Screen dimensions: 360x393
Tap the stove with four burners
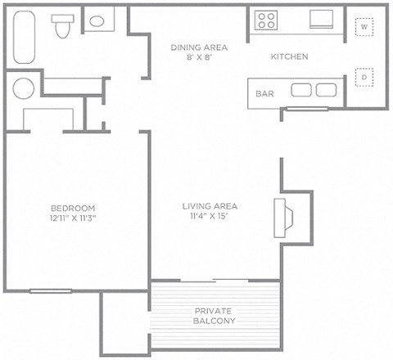[x=266, y=20]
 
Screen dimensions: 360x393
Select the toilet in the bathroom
[x=61, y=26]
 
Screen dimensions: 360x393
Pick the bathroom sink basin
[x=98, y=22]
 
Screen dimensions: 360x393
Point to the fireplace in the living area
[x=287, y=214]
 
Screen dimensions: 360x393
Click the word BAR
[x=264, y=93]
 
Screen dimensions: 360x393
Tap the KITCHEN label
[x=289, y=57]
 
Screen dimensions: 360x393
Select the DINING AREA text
[x=199, y=47]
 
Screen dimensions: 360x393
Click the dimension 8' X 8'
[x=199, y=58]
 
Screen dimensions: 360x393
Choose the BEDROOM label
[x=73, y=208]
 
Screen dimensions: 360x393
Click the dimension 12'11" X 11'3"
[x=73, y=218]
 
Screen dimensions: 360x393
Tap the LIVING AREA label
[x=210, y=206]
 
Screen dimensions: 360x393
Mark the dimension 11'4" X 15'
[x=210, y=217]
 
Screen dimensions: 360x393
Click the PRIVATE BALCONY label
[x=215, y=316]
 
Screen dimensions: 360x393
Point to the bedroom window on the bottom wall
[x=51, y=290]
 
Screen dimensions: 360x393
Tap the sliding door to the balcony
[x=215, y=281]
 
